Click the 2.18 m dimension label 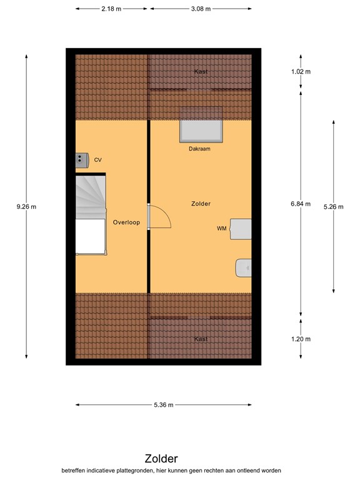[111, 9]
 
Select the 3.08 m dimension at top [201, 9]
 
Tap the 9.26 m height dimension [26, 207]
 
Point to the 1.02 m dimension [301, 72]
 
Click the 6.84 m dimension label [301, 204]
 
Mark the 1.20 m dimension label [301, 339]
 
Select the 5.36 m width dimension [163, 406]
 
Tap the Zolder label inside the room [201, 204]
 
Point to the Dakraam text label [201, 149]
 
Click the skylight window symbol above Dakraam [201, 130]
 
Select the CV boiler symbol [82, 160]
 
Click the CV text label [97, 161]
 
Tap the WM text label [221, 229]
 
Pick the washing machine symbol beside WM [241, 229]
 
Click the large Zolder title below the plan [161, 459]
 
